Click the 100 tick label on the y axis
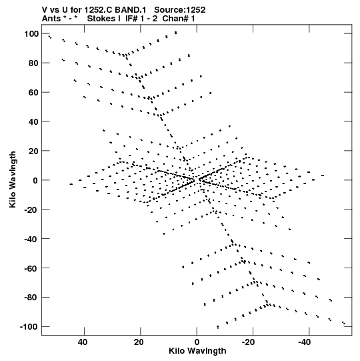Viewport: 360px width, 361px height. click(31, 34)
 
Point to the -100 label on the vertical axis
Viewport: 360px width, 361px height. click(29, 327)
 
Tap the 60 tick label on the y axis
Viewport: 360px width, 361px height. click(33, 92)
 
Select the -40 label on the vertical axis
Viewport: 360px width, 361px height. click(31, 239)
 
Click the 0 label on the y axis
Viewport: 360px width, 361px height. click(35, 180)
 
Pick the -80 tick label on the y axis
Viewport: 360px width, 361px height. click(31, 298)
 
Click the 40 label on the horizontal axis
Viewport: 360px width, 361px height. click(83, 342)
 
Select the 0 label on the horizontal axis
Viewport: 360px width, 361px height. click(197, 342)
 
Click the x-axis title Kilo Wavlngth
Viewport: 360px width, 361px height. click(197, 351)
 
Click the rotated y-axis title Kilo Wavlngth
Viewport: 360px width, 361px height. click(13, 179)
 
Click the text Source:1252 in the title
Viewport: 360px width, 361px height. click(179, 10)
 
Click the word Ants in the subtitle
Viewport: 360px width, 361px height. click(51, 19)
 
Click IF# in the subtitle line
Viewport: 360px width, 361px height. click(131, 19)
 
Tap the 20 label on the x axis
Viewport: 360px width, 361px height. click(139, 342)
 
